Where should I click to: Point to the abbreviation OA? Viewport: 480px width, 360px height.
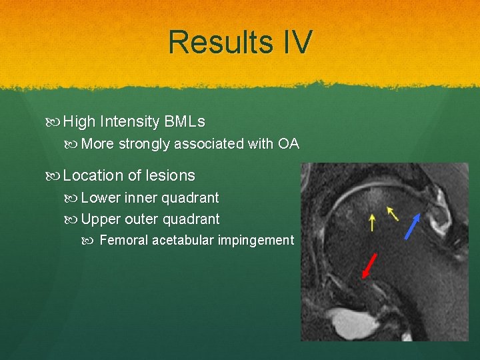point(289,144)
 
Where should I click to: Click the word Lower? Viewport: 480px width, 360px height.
point(102,198)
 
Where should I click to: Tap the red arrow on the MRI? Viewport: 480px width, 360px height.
point(369,265)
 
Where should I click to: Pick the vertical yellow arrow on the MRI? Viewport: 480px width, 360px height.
point(372,222)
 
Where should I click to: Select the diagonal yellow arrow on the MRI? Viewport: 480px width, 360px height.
point(393,213)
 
